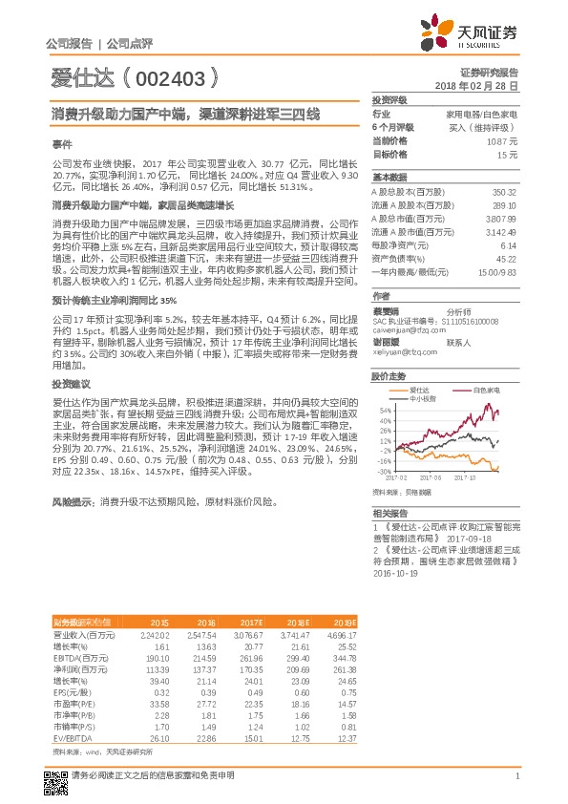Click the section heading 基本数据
click(389, 178)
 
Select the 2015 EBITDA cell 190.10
click(155, 658)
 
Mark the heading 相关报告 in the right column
click(389, 513)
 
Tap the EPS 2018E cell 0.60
click(300, 694)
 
